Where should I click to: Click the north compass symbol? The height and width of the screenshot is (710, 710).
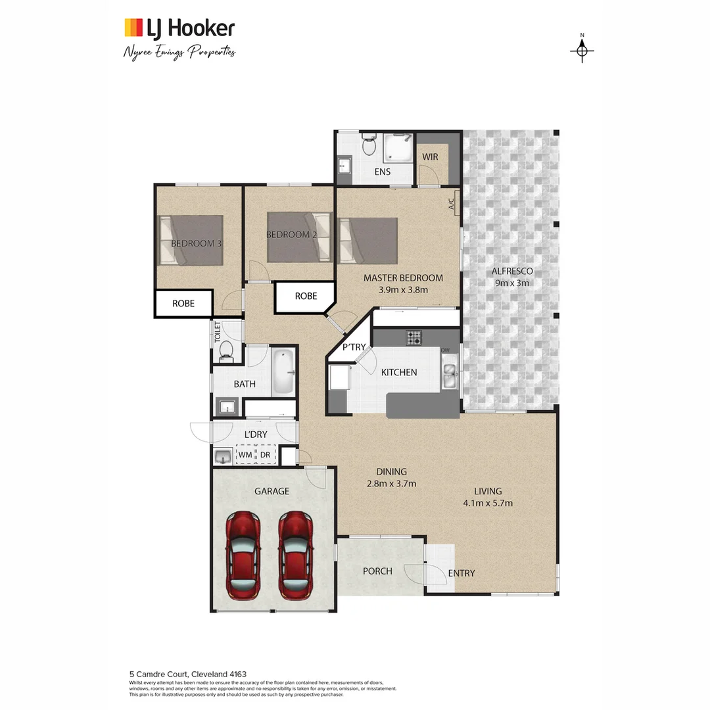click(x=582, y=50)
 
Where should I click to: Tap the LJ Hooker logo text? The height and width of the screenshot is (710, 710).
click(x=191, y=28)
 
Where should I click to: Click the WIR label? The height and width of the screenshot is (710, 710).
click(x=430, y=157)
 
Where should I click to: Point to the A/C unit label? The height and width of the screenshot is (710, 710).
click(x=452, y=204)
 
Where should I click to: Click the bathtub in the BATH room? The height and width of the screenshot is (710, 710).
click(x=283, y=372)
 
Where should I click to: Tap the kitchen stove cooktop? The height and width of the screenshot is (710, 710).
click(x=414, y=337)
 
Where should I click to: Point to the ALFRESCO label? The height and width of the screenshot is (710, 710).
click(x=512, y=271)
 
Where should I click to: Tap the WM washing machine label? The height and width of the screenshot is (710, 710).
click(x=245, y=454)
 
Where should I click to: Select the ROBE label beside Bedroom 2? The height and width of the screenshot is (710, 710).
click(x=306, y=296)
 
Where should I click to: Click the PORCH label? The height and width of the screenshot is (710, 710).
click(x=377, y=571)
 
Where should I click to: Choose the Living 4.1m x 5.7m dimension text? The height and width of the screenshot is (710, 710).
click(x=488, y=504)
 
